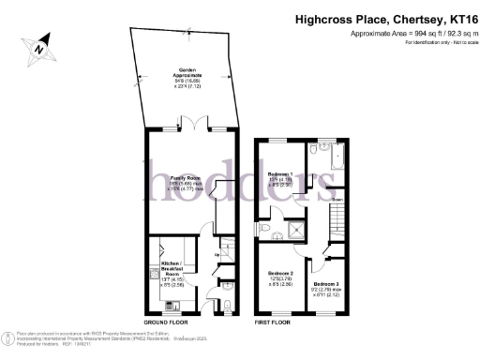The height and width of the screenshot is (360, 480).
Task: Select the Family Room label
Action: click(x=186, y=181)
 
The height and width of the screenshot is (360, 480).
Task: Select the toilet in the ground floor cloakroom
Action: click(x=230, y=306)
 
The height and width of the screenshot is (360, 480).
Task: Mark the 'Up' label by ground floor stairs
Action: click(x=217, y=254)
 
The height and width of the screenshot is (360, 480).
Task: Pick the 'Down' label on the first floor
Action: click(x=335, y=200)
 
